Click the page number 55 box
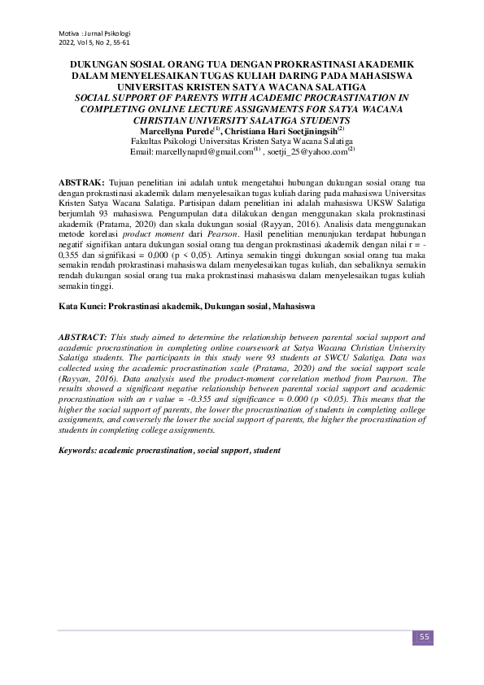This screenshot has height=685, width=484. [x=424, y=636]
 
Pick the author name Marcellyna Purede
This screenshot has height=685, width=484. [x=175, y=129]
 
